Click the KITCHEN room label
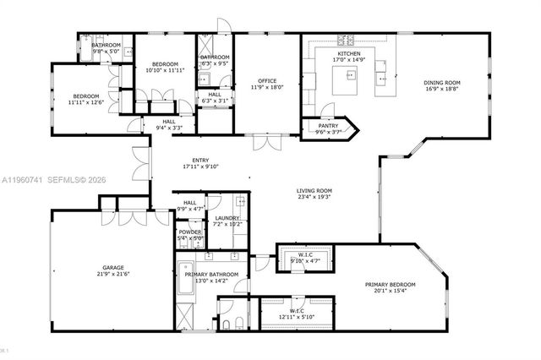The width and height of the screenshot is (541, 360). [349, 53]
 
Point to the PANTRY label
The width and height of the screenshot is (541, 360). [328, 125]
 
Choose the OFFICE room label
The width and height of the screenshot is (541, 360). [267, 81]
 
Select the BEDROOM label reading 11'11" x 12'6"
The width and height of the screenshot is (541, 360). [85, 96]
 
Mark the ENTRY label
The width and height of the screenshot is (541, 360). [200, 160]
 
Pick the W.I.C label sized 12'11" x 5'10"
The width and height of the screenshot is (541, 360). [297, 316]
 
